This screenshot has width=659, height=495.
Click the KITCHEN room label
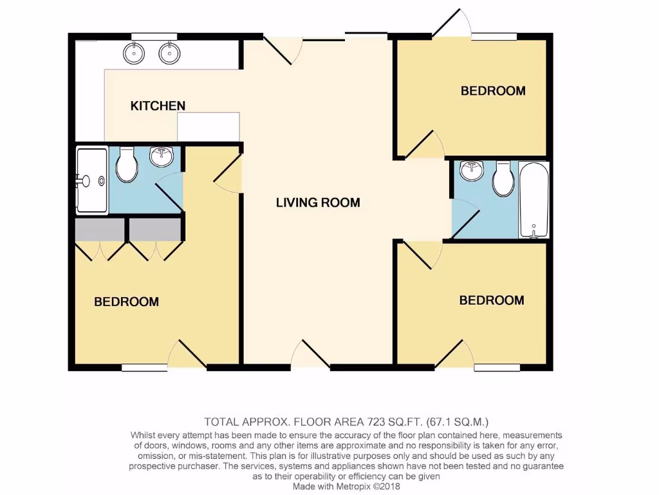pos(158,106)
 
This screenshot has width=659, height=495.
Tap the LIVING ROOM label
pos(318,202)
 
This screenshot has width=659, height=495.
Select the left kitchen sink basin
pos(134,53)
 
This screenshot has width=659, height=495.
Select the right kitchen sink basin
pos(169,53)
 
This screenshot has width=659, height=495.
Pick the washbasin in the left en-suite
pos(161,155)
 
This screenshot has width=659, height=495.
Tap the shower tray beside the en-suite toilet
pos(92,180)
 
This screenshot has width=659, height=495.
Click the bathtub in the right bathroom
pos(534,200)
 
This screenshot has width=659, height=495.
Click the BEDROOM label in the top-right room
pos(493,91)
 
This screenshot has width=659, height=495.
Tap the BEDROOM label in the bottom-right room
pos(492,300)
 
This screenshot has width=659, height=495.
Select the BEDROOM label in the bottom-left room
pos(126,302)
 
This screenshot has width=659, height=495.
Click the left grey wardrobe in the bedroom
pos(100,229)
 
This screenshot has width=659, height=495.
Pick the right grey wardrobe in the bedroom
pos(154,229)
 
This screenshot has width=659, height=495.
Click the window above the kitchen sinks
pos(154,35)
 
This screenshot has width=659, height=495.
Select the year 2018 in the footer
pos(388,487)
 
